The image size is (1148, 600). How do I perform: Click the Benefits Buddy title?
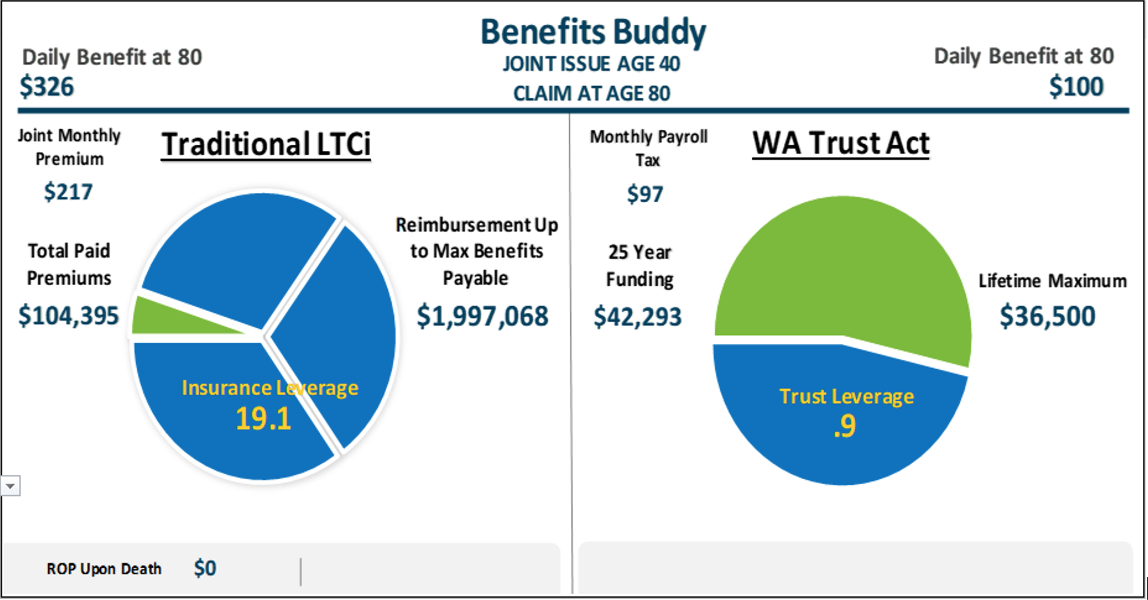[593, 32]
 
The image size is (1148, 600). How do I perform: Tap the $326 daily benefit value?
[47, 86]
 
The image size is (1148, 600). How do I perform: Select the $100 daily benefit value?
[1076, 86]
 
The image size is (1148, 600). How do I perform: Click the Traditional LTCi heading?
[266, 144]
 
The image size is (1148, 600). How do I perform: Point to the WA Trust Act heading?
[841, 144]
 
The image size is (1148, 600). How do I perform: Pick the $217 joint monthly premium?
[68, 192]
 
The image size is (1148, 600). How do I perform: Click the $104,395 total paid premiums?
[69, 315]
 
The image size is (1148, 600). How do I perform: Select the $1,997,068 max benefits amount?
[482, 316]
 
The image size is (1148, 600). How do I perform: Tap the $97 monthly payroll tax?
[645, 194]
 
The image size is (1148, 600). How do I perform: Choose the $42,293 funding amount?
[637, 317]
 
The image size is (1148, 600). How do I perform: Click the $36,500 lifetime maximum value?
[1047, 316]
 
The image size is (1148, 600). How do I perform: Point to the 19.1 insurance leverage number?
[263, 419]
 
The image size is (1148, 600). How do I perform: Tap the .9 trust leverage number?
[844, 426]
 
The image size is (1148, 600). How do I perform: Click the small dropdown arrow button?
[10, 485]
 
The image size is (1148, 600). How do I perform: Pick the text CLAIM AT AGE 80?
[592, 93]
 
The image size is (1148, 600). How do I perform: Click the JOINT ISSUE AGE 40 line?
[592, 64]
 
